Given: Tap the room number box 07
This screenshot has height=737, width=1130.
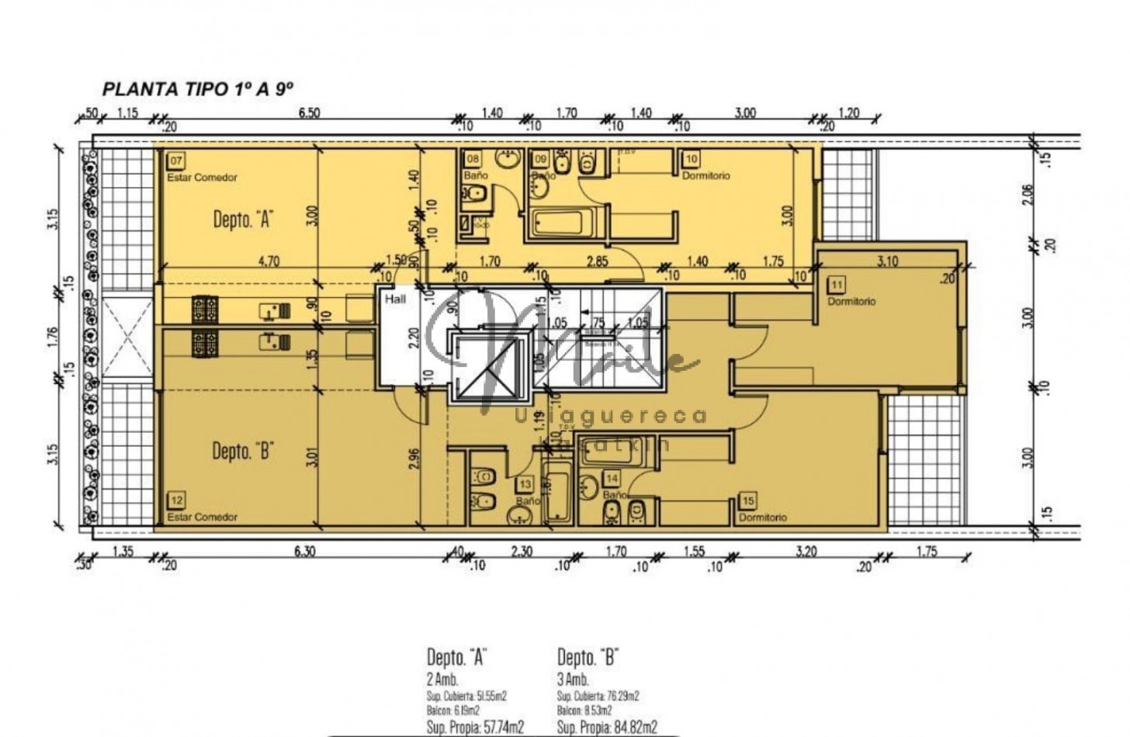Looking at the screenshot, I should point(176,161).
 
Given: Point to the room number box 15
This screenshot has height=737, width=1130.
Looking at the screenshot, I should point(748,501).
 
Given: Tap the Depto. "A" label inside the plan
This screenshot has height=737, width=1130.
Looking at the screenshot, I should point(241,220).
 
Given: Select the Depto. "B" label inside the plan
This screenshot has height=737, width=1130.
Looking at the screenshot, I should point(241,451).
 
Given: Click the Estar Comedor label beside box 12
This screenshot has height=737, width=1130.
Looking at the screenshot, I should point(202,517).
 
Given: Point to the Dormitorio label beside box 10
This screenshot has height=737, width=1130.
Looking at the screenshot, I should point(705,176).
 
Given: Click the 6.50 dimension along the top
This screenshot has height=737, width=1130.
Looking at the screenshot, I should point(309,113).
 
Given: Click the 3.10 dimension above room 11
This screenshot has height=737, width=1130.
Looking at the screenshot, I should point(887,261).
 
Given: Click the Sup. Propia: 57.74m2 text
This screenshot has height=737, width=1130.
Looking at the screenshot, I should point(475,727).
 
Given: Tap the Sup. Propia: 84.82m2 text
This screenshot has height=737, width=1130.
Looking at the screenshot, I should point(607,727).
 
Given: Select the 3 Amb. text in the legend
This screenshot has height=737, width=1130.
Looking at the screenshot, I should point(573,680).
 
